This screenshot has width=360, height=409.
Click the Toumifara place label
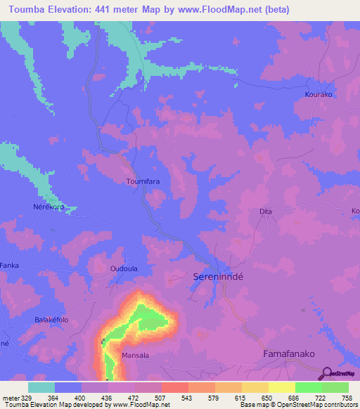coord(142,181)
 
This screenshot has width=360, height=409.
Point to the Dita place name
coord(266,211)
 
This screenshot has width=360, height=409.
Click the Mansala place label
coord(136,356)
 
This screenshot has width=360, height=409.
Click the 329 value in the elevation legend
coord(23,398)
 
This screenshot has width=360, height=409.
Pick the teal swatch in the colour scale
coord(41,387)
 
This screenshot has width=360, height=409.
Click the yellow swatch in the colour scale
coord(282,387)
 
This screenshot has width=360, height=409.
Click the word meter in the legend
coord(9,398)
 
